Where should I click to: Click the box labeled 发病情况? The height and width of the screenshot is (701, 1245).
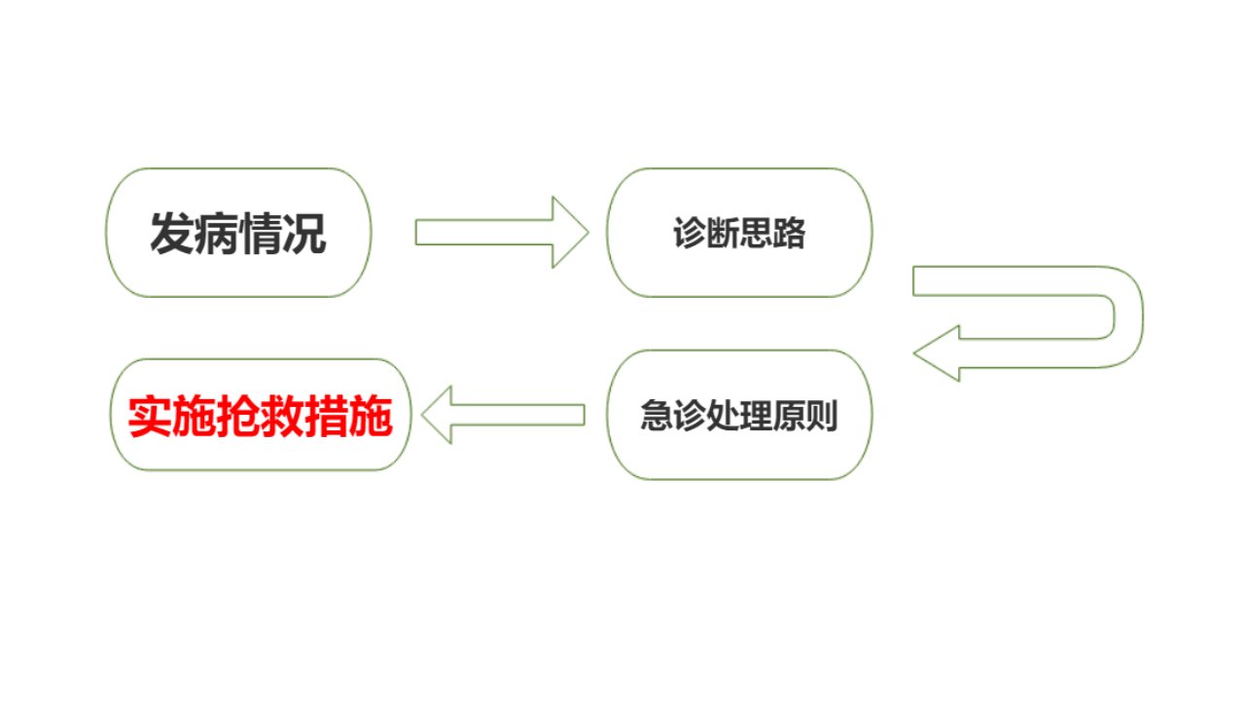click(238, 233)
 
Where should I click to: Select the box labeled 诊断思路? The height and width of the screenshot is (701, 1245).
click(739, 233)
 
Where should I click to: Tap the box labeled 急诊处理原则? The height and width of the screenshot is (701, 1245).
click(739, 415)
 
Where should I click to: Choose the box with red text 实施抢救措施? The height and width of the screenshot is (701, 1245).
click(260, 415)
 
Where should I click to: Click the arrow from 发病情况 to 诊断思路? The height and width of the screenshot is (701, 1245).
click(502, 232)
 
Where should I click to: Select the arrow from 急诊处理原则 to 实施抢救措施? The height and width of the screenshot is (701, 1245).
click(503, 415)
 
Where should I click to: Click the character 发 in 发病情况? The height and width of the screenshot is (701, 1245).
click(172, 234)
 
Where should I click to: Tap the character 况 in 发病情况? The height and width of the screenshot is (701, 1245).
click(304, 234)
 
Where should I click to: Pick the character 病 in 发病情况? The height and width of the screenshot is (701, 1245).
click(216, 234)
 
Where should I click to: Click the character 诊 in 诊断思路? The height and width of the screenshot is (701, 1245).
click(690, 233)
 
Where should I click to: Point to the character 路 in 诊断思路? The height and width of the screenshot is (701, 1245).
click(789, 233)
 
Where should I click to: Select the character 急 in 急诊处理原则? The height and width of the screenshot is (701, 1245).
click(657, 415)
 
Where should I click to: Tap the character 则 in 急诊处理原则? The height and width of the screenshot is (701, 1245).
click(822, 415)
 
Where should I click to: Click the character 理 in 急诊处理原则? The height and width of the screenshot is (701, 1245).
click(756, 415)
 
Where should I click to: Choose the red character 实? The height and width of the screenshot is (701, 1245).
click(150, 416)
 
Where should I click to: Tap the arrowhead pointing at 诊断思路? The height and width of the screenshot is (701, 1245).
click(570, 232)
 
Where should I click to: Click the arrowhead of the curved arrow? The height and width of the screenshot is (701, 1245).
click(937, 353)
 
